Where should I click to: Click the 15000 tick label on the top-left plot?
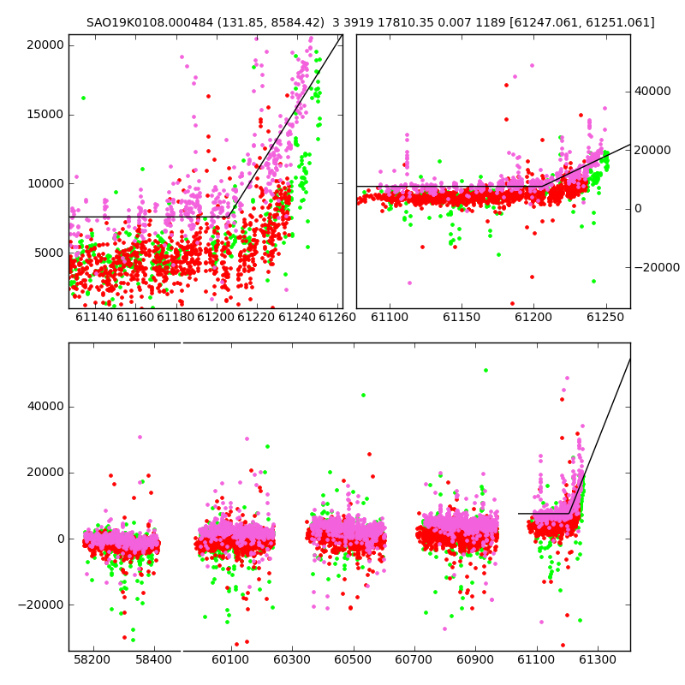(45, 115)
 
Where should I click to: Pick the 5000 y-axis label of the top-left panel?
(49, 253)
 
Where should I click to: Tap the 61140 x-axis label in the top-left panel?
(94, 317)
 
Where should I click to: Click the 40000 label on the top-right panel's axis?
(652, 92)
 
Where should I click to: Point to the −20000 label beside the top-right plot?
(657, 267)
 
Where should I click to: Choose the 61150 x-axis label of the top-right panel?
(462, 317)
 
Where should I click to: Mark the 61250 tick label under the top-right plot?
(605, 317)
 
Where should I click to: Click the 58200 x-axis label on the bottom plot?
(92, 659)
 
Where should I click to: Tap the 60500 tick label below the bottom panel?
(353, 659)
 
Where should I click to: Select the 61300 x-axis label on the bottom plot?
(597, 659)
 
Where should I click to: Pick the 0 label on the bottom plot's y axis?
(61, 539)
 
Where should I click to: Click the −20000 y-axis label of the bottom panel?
(41, 605)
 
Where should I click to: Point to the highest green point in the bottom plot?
(485, 371)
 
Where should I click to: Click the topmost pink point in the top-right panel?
(532, 66)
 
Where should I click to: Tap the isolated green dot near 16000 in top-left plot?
(83, 98)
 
